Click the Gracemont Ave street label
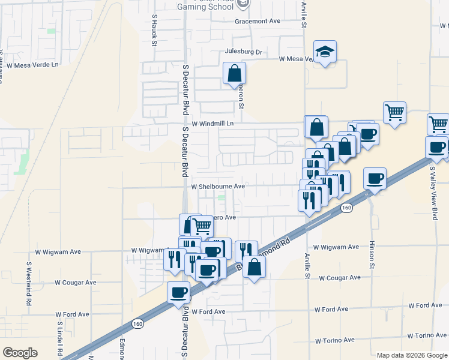[258, 21]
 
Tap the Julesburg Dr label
[244, 52]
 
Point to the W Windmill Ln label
[212, 124]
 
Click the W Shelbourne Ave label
[218, 187]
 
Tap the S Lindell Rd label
[60, 339]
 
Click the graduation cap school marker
[325, 52]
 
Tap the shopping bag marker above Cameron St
[234, 74]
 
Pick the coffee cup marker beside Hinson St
[375, 178]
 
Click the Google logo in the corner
[20, 353]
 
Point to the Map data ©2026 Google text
[411, 355]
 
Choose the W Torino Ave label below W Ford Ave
[428, 336]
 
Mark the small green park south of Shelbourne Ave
[222, 197]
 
